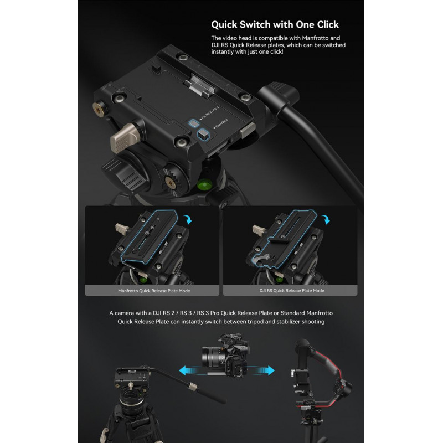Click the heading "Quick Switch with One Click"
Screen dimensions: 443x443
coord(275,25)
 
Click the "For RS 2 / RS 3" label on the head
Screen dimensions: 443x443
coord(209,114)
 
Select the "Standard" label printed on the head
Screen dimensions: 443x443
coord(221,123)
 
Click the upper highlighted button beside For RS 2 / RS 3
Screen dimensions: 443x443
coord(194,123)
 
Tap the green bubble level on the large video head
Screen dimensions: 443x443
coord(203,185)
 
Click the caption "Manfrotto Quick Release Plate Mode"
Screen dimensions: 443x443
coord(154,291)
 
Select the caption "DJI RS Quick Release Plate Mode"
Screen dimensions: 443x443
coord(292,290)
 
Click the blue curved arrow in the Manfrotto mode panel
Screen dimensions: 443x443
coord(188,219)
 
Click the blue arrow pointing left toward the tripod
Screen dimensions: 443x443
coord(190,370)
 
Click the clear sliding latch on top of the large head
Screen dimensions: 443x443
coord(199,86)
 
